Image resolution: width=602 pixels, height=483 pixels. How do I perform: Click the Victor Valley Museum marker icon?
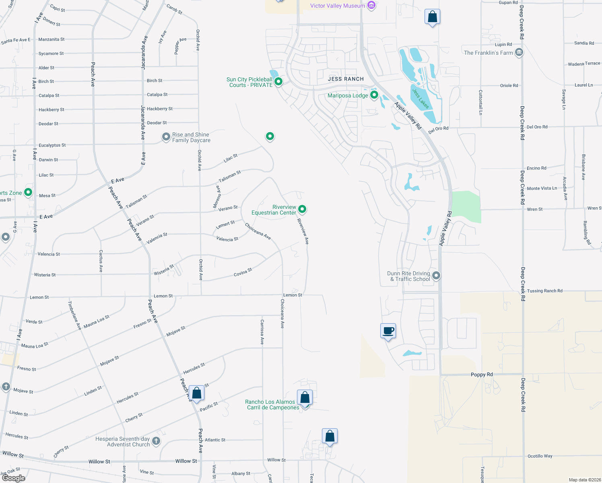(371, 6)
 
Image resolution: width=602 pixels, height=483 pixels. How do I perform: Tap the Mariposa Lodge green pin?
(374, 95)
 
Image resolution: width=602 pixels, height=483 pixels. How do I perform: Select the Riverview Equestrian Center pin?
(302, 209)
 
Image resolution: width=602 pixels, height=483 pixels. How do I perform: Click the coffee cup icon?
(388, 331)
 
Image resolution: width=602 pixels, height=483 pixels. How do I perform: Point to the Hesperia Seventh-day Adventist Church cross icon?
(156, 441)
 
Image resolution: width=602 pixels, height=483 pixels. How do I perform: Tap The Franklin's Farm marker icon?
(519, 52)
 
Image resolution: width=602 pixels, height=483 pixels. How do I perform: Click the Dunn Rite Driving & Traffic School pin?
(436, 276)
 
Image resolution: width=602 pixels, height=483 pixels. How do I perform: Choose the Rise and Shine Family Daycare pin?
(166, 137)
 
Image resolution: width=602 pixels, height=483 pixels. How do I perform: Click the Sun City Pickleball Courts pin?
(278, 82)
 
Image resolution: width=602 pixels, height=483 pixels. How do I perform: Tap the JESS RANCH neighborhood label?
(346, 79)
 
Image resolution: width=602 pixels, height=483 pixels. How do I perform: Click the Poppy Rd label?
(482, 374)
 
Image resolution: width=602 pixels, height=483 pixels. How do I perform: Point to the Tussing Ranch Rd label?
(544, 291)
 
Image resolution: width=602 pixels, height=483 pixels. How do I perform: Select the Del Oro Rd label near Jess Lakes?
(438, 129)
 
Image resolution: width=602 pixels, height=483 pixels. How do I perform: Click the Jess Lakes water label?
(421, 99)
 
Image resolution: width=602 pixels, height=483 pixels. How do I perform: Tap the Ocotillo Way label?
(540, 456)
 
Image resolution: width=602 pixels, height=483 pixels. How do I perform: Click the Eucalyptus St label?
(52, 145)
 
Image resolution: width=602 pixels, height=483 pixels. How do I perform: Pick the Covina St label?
(243, 272)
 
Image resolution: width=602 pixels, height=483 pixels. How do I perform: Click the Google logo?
(13, 478)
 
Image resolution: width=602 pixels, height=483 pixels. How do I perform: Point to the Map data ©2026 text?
(584, 480)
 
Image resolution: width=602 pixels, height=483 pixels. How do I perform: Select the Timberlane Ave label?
(74, 316)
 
